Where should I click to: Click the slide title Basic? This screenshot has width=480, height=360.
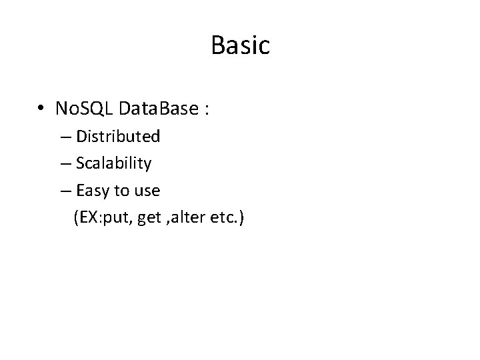(240, 45)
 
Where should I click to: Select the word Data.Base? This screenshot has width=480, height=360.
(155, 108)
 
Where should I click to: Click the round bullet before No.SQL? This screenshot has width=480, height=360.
(41, 109)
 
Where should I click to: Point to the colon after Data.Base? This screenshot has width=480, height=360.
(207, 109)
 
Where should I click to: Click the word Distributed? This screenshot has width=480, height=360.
(118, 137)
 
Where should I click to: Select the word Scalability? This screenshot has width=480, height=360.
(114, 163)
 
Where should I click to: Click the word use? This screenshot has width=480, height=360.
(147, 191)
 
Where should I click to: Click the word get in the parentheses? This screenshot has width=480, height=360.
(149, 218)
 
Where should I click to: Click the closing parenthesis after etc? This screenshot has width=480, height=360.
(242, 217)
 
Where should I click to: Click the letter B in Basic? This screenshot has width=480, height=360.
(217, 45)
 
